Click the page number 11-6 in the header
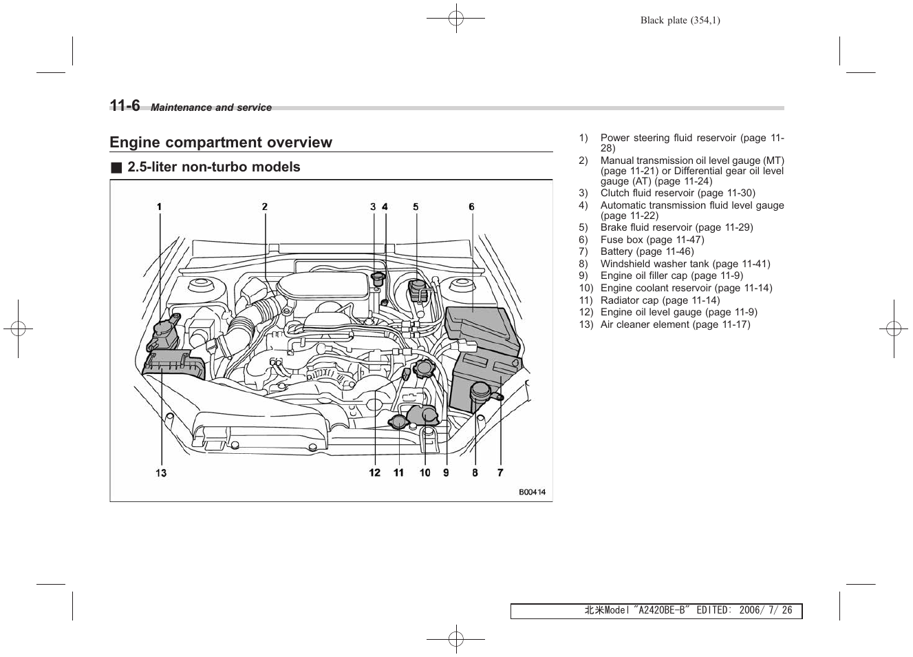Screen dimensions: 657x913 tap(125, 105)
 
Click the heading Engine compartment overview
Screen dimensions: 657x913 tap(221, 143)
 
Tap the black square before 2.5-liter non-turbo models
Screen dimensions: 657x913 tap(116, 167)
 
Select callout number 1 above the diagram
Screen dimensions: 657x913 tap(159, 207)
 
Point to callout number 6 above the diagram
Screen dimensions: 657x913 tap(471, 207)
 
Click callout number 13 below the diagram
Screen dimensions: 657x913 tap(161, 472)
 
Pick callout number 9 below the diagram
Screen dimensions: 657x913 tap(446, 472)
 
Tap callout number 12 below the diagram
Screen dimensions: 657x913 tap(374, 472)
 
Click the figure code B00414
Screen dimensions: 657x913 tap(532, 492)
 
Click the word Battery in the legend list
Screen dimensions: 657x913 tap(616, 252)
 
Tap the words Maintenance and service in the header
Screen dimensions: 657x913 tap(211, 107)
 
